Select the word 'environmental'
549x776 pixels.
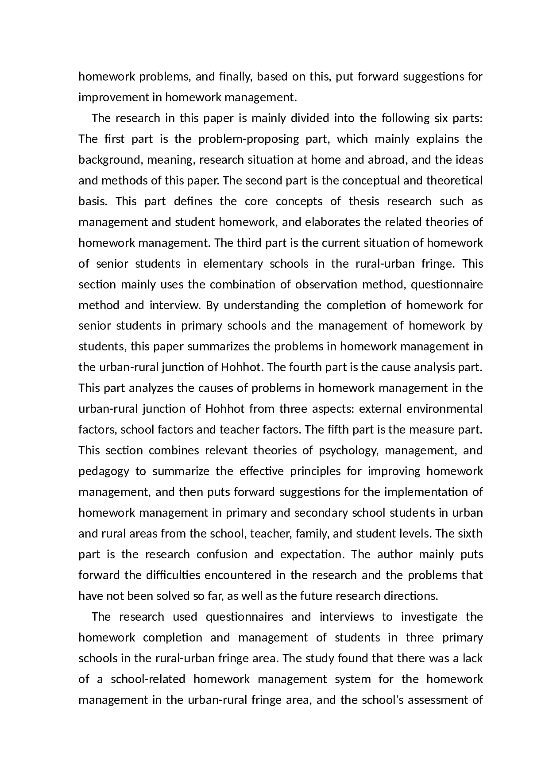(445, 409)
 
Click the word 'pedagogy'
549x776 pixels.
(104, 471)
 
